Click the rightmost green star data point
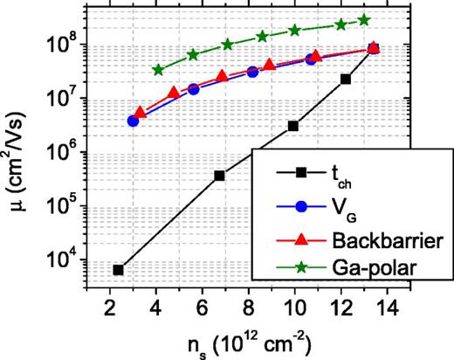364,20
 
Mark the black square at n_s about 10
293,126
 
